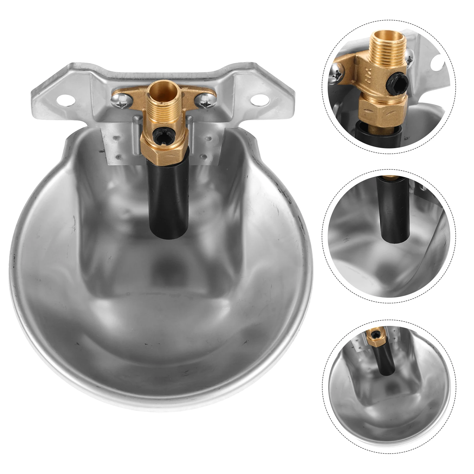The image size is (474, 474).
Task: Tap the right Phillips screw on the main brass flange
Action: pyautogui.click(x=206, y=104)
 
